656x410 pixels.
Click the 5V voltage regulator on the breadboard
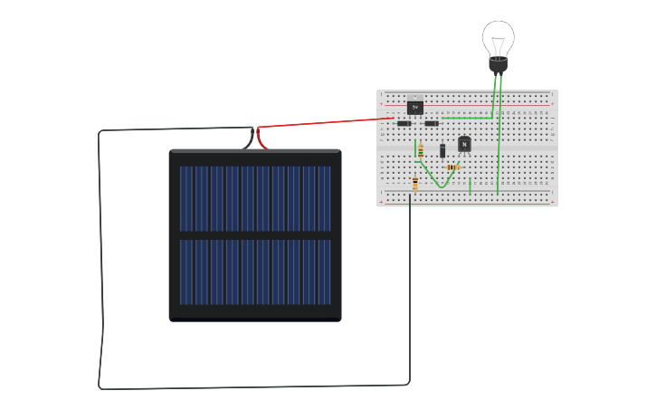coord(415,106)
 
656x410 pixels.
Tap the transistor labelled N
coord(464,144)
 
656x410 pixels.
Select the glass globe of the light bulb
coord(498,38)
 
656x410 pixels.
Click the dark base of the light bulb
coord(498,65)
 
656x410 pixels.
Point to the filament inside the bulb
coord(498,42)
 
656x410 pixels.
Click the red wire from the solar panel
coord(326,122)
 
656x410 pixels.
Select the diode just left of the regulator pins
coord(404,123)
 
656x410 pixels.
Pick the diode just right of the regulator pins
coord(432,123)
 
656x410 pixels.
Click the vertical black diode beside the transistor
coord(442,151)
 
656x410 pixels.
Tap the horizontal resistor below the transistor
coord(453,167)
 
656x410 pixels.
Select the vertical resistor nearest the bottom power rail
coord(415,184)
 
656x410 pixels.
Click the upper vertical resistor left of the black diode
coord(421,151)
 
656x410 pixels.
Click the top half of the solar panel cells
coord(254,198)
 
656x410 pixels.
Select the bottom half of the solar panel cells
coord(254,272)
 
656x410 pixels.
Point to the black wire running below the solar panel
coord(253,386)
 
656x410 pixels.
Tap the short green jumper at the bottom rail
coord(471,186)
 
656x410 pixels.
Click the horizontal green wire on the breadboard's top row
coord(467,118)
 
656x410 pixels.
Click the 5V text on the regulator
coord(415,107)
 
